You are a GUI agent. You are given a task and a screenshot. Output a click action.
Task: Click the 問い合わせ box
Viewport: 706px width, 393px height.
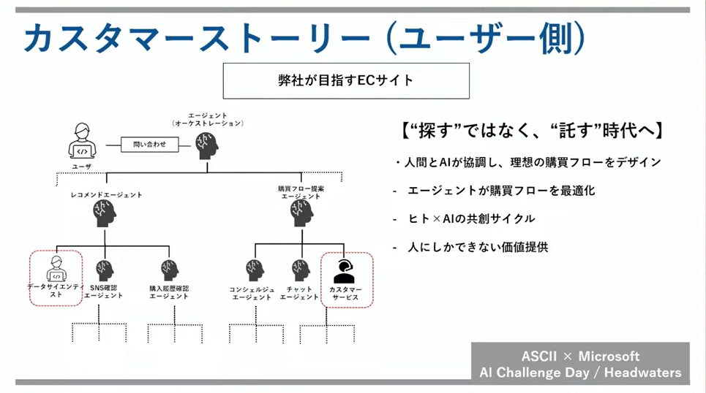point(149,145)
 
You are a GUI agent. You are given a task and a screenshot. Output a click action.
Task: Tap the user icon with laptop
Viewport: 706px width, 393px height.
point(82,142)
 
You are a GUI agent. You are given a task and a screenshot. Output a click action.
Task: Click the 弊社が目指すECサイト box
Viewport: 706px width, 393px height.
point(345,80)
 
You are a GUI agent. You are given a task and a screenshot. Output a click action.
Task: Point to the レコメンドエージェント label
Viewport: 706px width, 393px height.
point(106,195)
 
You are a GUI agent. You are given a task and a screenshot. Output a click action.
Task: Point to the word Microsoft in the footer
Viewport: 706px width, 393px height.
point(609,356)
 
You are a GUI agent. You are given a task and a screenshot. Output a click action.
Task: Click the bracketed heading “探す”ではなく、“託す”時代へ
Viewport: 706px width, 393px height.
point(533,131)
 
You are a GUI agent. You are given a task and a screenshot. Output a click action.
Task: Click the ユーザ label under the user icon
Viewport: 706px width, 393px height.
point(82,167)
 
